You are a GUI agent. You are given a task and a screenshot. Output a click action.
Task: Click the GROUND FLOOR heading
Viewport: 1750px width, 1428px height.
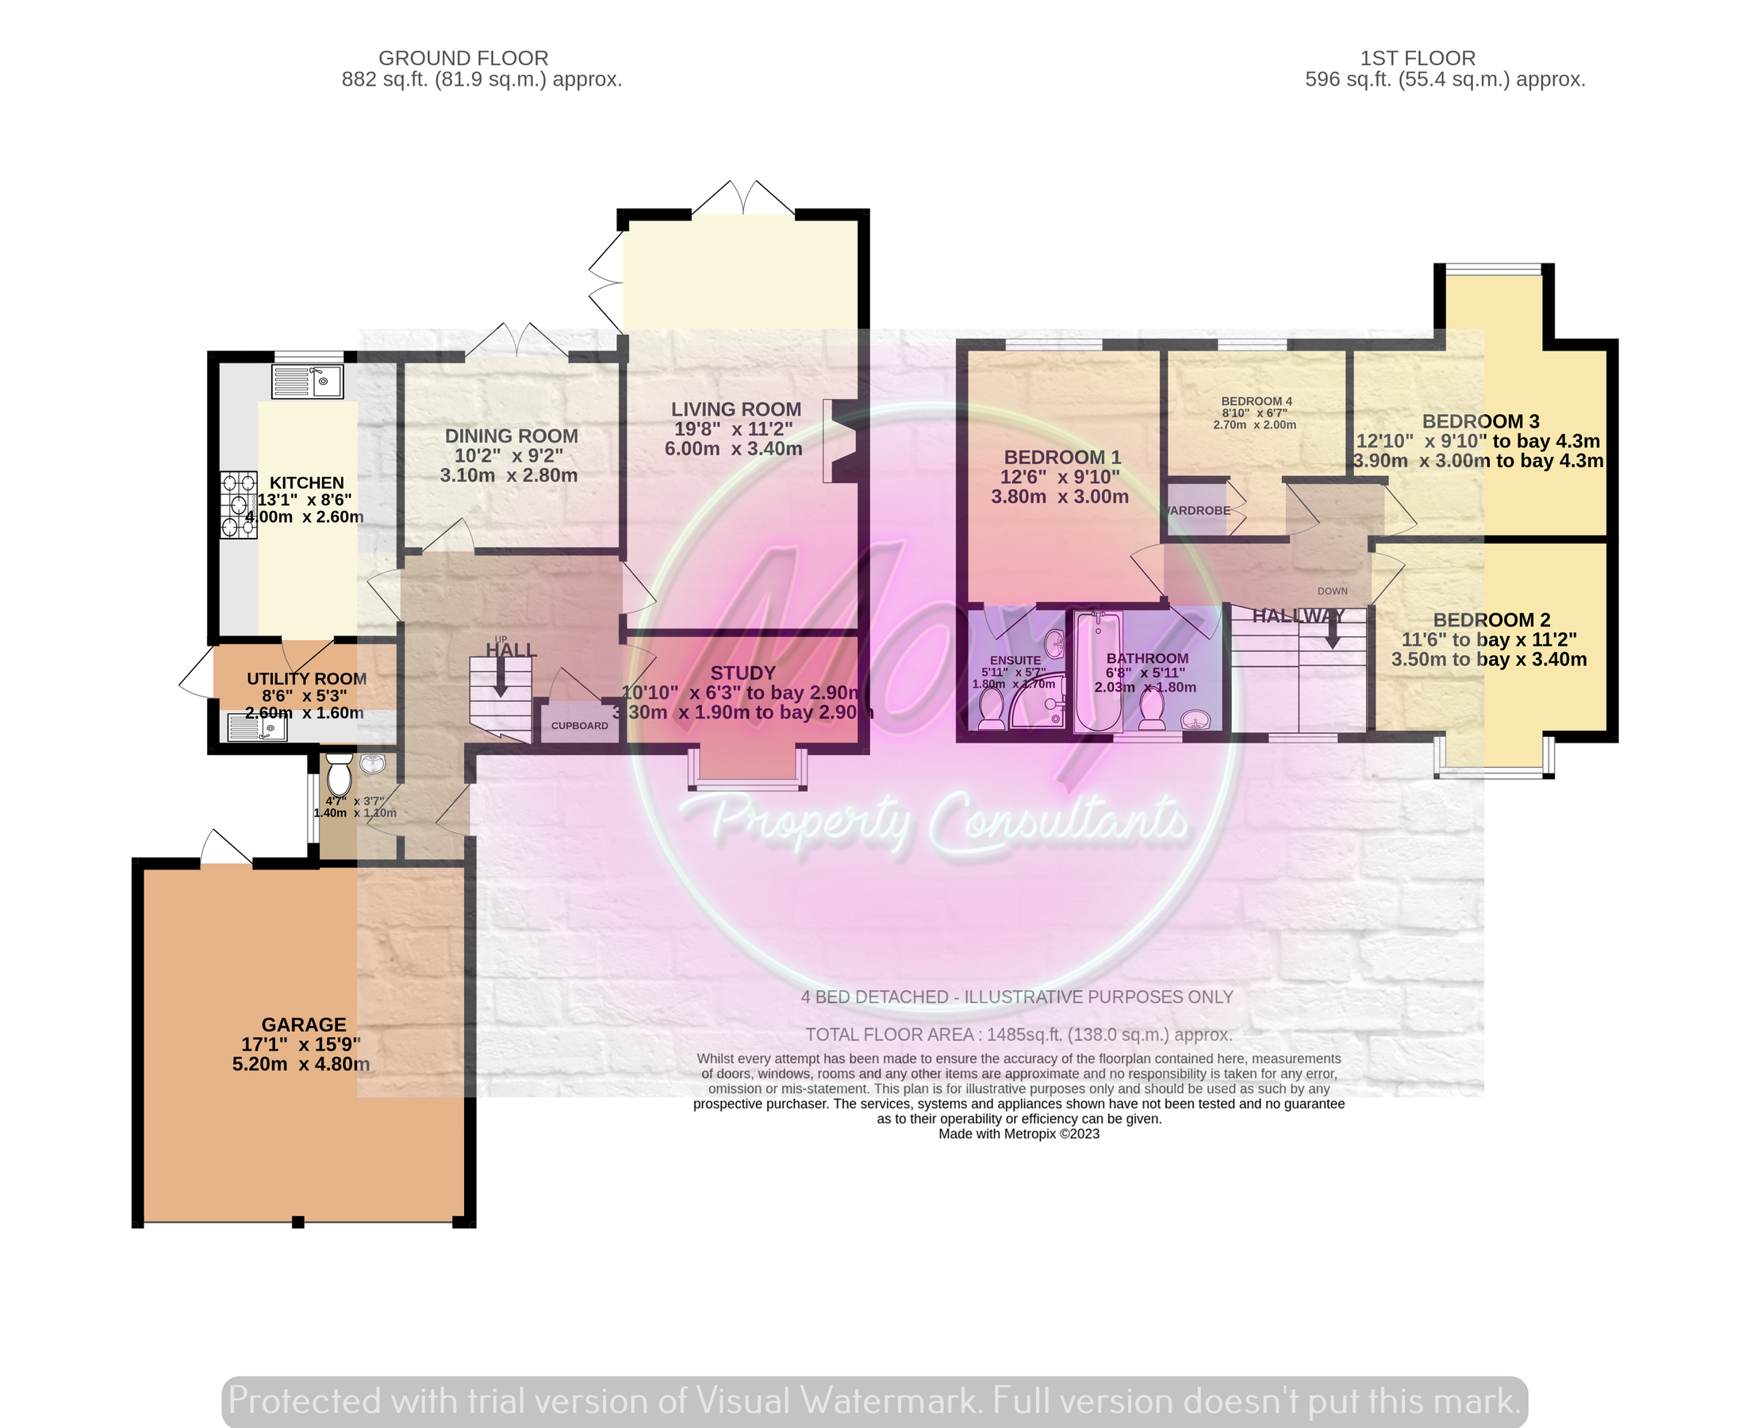click(463, 59)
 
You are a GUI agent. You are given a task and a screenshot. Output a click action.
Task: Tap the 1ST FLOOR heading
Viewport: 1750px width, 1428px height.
click(1417, 59)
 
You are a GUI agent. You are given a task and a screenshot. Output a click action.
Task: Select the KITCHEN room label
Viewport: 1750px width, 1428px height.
click(307, 483)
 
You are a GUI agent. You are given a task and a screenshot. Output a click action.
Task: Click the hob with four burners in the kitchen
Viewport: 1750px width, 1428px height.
click(239, 505)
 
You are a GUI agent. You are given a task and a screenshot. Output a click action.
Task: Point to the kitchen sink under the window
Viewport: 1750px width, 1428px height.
click(308, 382)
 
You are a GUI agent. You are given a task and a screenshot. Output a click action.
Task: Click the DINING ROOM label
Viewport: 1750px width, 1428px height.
click(511, 436)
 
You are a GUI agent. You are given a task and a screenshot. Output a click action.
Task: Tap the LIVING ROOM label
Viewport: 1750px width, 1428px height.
click(735, 409)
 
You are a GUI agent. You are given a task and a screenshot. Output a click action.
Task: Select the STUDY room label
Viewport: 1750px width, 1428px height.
click(743, 673)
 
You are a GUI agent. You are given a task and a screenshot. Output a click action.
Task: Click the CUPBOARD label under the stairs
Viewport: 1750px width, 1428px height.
click(579, 726)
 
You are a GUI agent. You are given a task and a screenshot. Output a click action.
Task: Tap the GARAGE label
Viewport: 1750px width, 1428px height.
click(304, 1024)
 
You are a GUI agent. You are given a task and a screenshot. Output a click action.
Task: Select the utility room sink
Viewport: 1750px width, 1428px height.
click(257, 728)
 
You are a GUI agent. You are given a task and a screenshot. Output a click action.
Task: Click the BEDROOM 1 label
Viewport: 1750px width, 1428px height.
click(1061, 457)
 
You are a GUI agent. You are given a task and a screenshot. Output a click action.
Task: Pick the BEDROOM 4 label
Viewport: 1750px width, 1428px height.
click(1256, 401)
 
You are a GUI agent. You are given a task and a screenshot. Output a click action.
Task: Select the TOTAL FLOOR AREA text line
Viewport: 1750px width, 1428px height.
click(1018, 1035)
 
